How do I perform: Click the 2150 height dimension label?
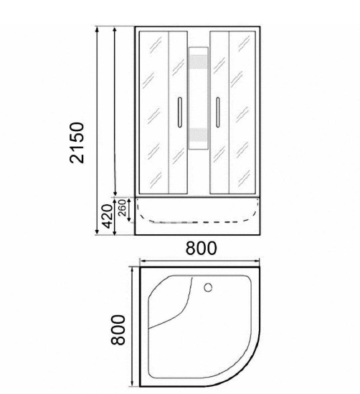(77, 143)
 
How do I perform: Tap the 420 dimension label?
(106, 216)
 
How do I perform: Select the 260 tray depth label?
(122, 208)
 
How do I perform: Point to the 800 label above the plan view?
(201, 248)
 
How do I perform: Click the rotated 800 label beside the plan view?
(118, 330)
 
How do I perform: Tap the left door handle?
(179, 112)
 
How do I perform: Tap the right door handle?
(218, 112)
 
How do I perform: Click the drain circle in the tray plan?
(208, 287)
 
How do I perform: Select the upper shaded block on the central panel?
(199, 62)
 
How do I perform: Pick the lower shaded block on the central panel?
(199, 135)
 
